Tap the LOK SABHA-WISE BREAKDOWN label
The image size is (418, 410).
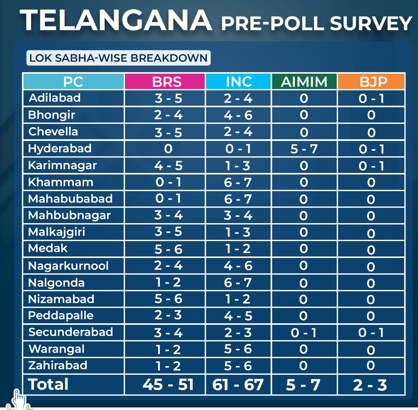tap(118, 58)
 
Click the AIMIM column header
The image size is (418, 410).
tap(304, 82)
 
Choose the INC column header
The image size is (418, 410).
tap(239, 82)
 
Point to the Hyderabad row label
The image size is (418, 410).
tap(60, 148)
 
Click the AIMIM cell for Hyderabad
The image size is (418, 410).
tap(304, 149)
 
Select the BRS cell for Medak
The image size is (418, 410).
tap(168, 249)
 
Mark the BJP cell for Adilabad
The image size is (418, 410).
tap(371, 98)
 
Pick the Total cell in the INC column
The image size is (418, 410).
tap(238, 385)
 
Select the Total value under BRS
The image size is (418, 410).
tap(168, 385)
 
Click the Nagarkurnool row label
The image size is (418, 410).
tap(68, 266)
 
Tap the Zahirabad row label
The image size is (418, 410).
tap(58, 365)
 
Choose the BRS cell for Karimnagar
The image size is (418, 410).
tap(168, 166)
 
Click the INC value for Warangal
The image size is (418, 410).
tap(238, 349)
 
